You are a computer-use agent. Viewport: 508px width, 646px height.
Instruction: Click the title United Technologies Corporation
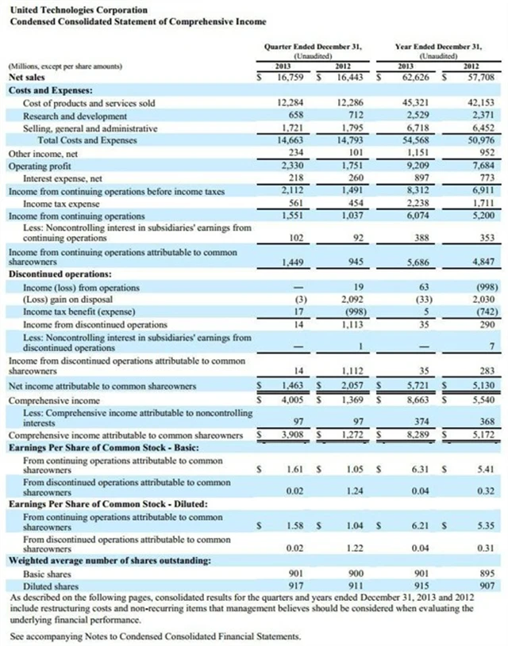(x=67, y=10)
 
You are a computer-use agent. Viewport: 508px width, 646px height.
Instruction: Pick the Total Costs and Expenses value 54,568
(x=418, y=140)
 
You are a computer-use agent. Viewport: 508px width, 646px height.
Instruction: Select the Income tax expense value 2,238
(x=418, y=203)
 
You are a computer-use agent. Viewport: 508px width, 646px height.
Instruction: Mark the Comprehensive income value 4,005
(x=289, y=401)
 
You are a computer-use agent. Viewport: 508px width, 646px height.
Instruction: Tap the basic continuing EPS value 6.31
(x=421, y=469)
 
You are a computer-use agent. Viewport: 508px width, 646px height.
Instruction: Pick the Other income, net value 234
(x=292, y=153)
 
